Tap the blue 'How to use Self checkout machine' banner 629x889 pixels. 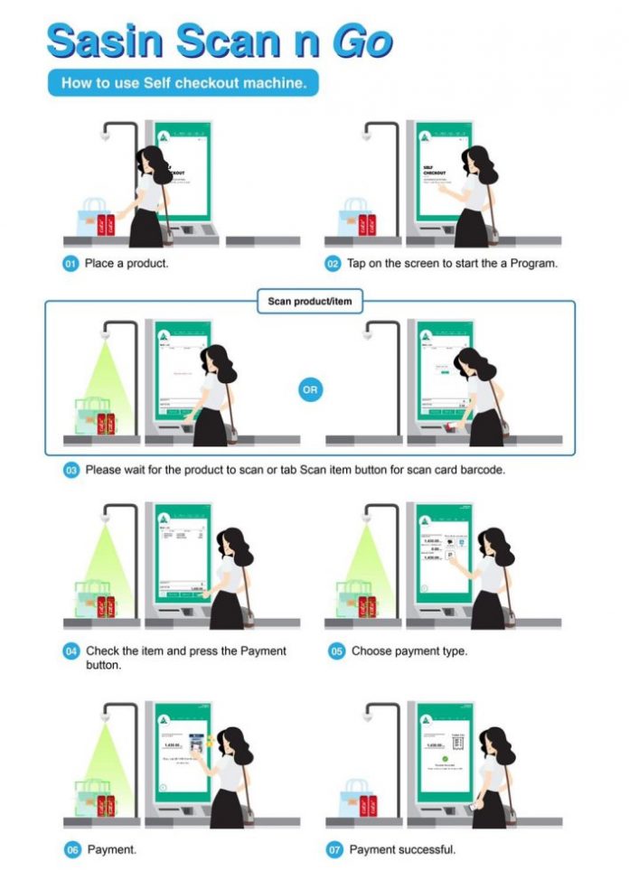183,84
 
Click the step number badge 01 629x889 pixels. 70,264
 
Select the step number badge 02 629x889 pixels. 333,264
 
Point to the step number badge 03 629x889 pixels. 70,471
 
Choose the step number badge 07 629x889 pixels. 334,850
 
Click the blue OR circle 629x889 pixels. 309,389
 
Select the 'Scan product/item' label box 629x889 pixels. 309,301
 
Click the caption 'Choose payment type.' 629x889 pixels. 409,651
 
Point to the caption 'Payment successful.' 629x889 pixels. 402,850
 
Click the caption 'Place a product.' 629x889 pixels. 127,264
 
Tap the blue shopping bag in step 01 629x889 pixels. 93,219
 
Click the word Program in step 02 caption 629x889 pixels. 532,264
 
